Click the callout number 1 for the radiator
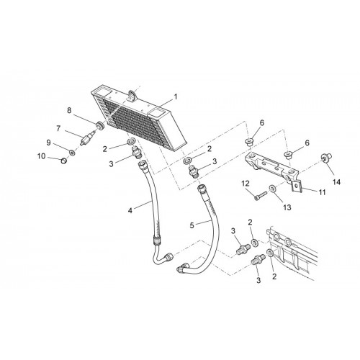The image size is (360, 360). pos(176,97)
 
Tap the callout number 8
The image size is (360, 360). pos(69,111)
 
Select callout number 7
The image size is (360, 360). pos(58,129)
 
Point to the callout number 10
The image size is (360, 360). pos(41,156)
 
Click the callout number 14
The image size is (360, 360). pos(336,182)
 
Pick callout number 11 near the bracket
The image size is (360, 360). pos(322,192)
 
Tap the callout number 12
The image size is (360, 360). pos(246,184)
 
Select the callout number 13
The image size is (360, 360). pos(287,207)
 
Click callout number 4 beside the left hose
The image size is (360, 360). pos(130,211)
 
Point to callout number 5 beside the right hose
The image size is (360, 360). pos(192,225)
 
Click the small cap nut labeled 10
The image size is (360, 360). pos(63,161)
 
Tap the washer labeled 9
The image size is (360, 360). pos(71,152)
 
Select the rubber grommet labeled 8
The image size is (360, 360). pos(100,125)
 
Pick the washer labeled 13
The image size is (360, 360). pos(272,188)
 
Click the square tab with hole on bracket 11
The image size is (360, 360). pos(297,186)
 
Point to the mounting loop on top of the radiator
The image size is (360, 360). pos(132,94)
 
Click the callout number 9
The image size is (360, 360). pos(48,143)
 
